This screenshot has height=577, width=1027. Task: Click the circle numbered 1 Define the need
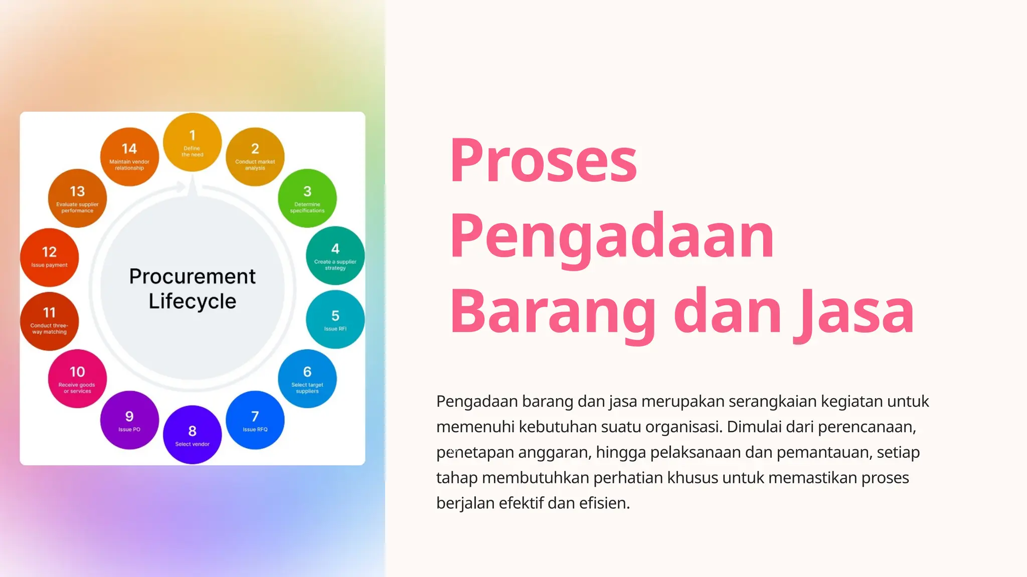tap(192, 142)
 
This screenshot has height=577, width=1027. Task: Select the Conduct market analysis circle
tap(255, 156)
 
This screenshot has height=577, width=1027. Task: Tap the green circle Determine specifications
tap(307, 198)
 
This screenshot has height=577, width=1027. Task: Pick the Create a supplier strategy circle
tap(335, 255)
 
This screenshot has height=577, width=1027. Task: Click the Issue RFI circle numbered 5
tap(335, 320)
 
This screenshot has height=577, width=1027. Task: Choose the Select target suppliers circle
tap(307, 379)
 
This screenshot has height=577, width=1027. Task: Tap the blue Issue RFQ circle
tap(255, 420)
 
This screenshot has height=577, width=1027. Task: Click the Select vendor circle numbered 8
tap(192, 435)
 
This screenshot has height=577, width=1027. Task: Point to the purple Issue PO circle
tap(129, 420)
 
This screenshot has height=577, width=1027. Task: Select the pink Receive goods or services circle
tap(77, 379)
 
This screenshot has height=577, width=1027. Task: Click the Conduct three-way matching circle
tap(49, 321)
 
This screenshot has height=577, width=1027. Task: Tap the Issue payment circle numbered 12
tap(49, 257)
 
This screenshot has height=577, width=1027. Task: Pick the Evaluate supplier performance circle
tap(77, 198)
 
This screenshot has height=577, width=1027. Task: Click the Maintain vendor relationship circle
tap(129, 156)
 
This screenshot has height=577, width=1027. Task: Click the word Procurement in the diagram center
tap(192, 276)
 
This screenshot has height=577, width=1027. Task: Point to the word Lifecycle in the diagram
tap(192, 301)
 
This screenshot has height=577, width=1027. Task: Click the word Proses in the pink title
tap(543, 160)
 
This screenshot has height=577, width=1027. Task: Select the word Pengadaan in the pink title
tap(612, 236)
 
